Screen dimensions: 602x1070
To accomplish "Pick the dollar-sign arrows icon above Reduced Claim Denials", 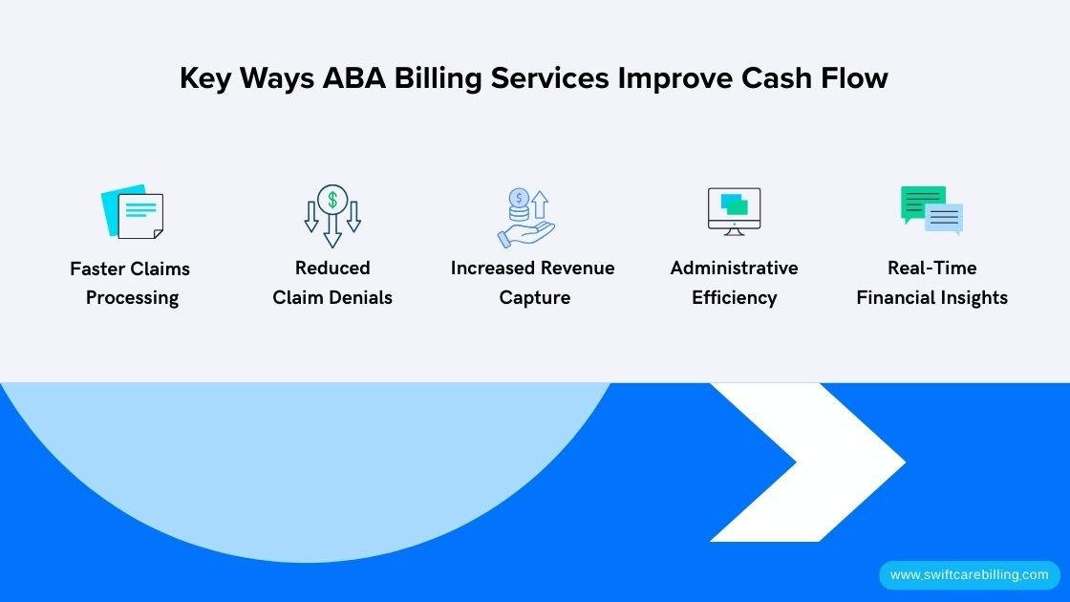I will (332, 215).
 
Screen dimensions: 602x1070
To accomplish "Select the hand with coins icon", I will (525, 218).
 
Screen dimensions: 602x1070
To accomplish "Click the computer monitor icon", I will (734, 211).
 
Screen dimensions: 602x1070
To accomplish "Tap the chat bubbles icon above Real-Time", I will (931, 210).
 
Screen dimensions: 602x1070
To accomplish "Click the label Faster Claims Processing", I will (131, 283).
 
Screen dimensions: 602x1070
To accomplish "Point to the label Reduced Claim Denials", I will (332, 283).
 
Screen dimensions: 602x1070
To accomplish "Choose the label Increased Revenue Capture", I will (533, 283).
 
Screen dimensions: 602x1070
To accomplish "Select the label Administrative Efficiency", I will (734, 283).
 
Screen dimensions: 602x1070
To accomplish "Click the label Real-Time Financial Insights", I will (931, 283).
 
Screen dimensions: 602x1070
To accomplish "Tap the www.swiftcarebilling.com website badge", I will (969, 575).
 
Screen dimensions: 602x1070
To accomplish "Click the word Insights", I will (972, 298).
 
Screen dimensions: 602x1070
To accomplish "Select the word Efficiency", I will (734, 298).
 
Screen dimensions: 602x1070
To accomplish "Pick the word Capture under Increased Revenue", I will (534, 298).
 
